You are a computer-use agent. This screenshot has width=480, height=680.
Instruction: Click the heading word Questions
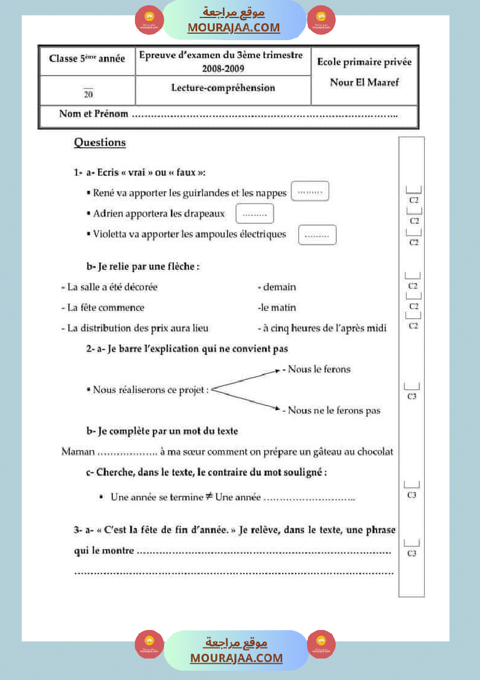click(x=99, y=143)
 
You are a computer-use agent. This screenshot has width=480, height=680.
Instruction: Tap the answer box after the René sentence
click(x=310, y=191)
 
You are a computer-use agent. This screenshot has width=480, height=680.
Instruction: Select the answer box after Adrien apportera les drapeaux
click(x=255, y=213)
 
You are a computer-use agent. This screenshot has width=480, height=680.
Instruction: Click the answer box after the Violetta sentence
click(x=317, y=234)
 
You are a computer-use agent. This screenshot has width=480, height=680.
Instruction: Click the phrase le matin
click(x=277, y=307)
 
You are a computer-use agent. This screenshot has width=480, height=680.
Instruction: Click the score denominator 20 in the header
click(x=88, y=94)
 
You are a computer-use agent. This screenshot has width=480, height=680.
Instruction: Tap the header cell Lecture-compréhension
click(x=223, y=88)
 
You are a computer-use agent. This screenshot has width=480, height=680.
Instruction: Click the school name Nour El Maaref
click(x=364, y=82)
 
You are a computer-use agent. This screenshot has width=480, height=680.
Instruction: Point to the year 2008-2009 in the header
click(x=223, y=69)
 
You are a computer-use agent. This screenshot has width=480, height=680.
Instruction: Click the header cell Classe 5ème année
click(x=87, y=59)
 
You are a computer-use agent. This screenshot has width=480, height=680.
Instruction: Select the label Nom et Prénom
click(x=94, y=114)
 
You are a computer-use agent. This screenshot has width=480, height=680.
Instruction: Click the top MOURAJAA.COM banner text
click(x=234, y=27)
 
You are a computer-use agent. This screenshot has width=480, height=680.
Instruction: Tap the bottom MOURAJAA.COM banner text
click(x=236, y=658)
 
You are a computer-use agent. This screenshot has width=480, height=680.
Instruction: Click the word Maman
click(x=78, y=451)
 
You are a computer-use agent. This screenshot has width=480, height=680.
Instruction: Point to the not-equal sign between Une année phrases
click(x=208, y=496)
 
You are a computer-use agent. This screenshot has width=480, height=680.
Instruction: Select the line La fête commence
click(x=102, y=307)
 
